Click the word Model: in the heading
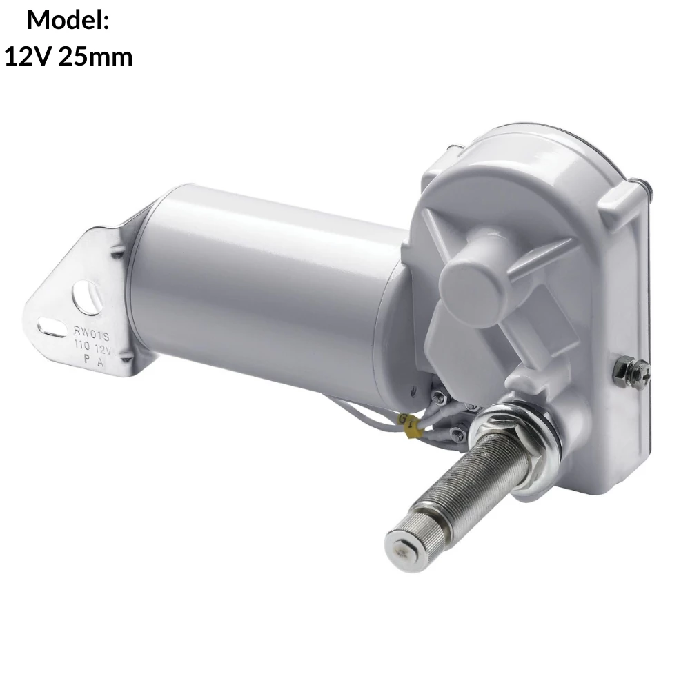point(68,20)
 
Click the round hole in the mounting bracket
point(86,297)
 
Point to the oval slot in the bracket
point(52,328)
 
